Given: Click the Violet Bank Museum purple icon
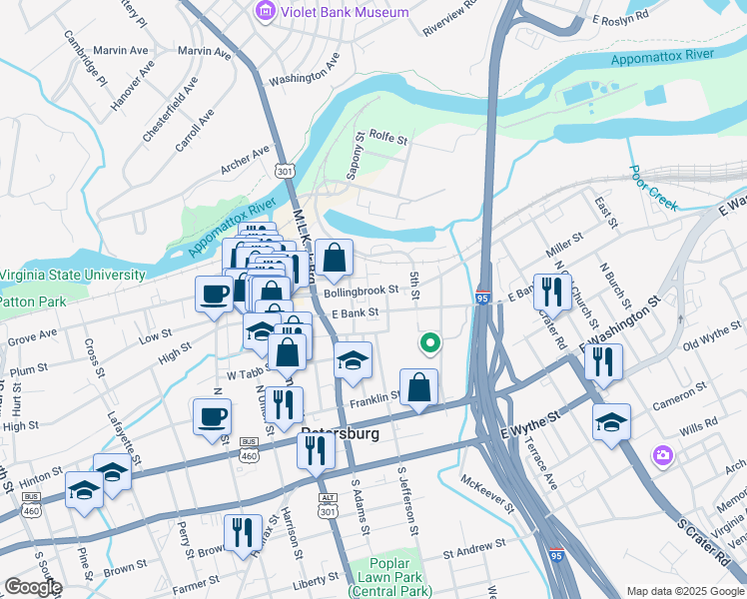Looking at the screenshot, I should (x=265, y=12).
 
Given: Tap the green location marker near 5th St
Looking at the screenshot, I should (x=430, y=342).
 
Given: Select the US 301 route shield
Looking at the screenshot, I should (x=286, y=171).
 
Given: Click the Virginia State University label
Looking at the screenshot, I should (x=73, y=275).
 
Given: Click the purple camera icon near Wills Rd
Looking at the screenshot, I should (x=662, y=455).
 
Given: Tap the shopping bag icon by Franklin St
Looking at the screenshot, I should (x=418, y=386).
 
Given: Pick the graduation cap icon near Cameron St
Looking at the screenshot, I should (x=611, y=421).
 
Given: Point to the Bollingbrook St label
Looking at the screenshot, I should (x=361, y=291).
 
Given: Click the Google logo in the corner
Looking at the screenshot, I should (x=32, y=587).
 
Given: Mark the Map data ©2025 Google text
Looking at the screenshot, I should (x=685, y=591).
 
